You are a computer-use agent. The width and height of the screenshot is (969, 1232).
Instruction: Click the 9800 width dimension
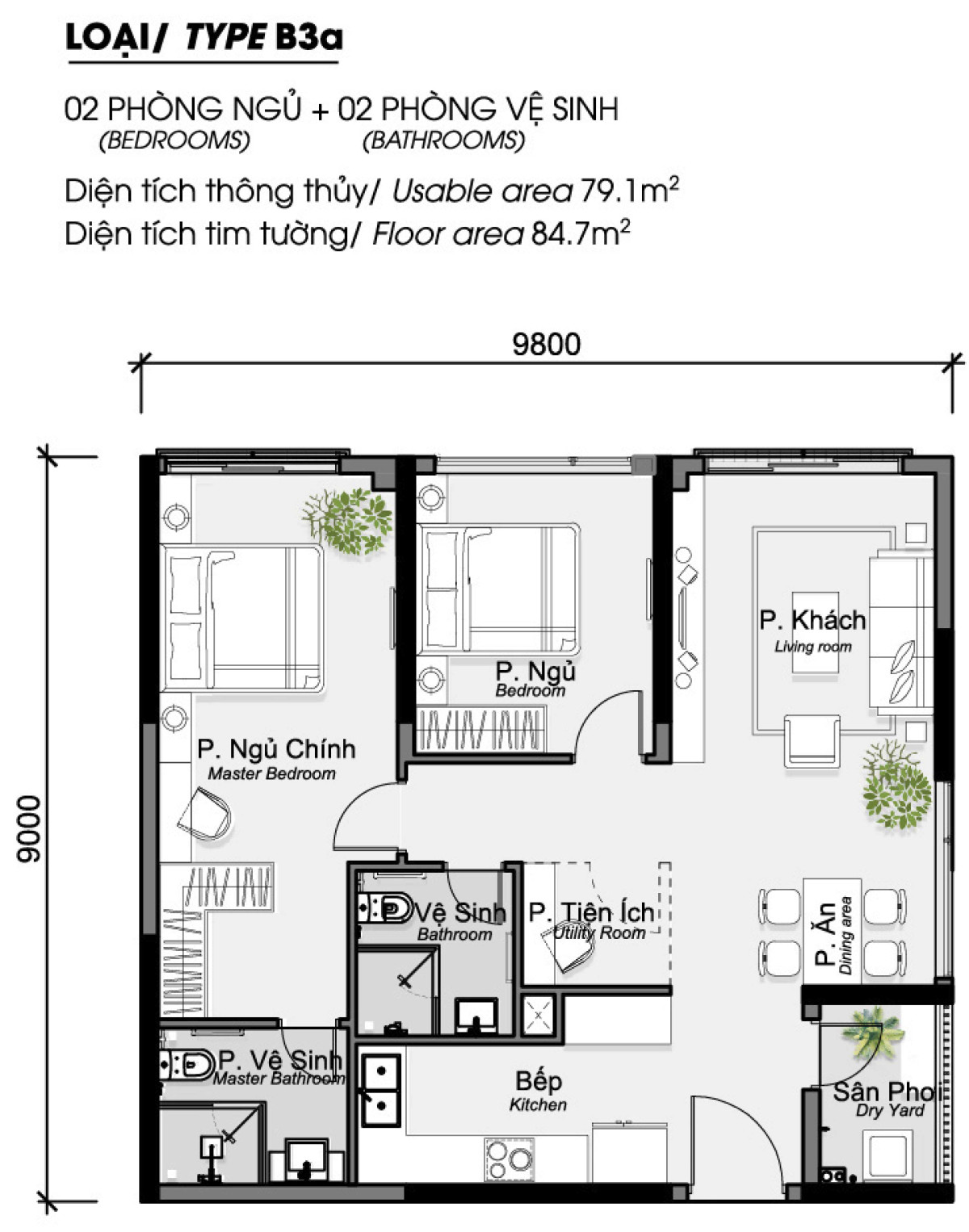(x=547, y=345)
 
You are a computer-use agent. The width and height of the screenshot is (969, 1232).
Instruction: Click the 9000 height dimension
(x=29, y=828)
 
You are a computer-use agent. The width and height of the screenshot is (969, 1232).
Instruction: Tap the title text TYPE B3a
(x=263, y=37)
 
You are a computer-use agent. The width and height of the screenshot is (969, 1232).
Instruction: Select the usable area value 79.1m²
(x=629, y=191)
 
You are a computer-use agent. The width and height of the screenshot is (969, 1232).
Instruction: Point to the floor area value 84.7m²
(x=580, y=234)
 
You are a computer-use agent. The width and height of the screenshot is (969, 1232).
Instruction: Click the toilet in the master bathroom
(x=185, y=1065)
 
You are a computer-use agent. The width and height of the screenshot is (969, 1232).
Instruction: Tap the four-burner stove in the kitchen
(x=510, y=1159)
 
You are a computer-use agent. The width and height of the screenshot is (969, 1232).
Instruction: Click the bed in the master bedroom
(x=242, y=617)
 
